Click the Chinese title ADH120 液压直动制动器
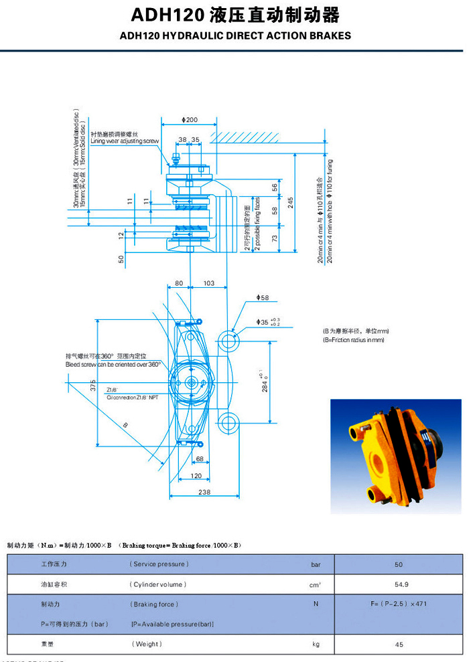[234, 15]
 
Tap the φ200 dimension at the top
[190, 120]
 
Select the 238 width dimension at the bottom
[204, 492]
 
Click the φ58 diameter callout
[262, 297]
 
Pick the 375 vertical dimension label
[93, 385]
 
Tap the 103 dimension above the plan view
[208, 284]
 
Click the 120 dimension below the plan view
[195, 475]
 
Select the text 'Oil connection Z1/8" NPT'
[132, 397]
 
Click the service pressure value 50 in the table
[399, 564]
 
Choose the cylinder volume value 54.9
[399, 584]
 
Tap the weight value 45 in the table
[399, 644]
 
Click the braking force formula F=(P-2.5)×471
[399, 604]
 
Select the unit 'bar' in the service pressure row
[316, 564]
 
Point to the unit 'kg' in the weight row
[316, 644]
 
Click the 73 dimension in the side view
[275, 238]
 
